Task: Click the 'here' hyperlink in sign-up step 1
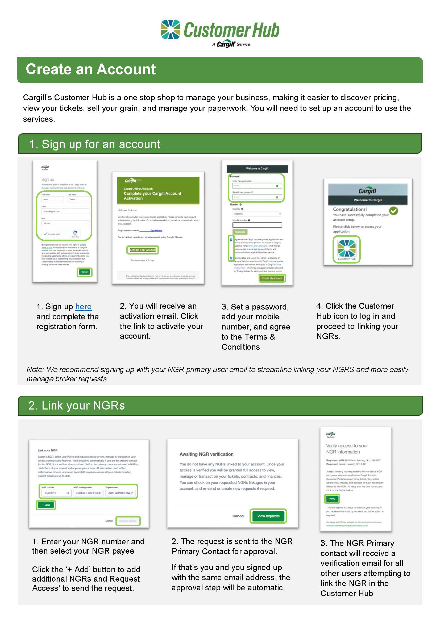(83, 306)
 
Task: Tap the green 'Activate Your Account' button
(143, 250)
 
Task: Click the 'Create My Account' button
(272, 278)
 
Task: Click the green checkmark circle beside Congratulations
(393, 211)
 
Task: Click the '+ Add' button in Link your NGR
(45, 505)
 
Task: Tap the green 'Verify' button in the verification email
(332, 498)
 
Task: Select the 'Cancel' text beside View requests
(238, 516)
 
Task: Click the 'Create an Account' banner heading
(91, 69)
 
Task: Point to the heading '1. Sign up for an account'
(94, 144)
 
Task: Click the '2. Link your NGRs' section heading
(76, 406)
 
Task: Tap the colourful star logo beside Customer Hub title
(171, 30)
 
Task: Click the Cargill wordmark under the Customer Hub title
(226, 44)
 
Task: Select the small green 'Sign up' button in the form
(85, 272)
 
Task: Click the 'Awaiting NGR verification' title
(206, 454)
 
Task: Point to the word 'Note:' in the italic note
(35, 370)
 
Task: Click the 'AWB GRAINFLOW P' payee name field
(120, 493)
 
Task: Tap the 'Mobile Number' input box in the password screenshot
(257, 225)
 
